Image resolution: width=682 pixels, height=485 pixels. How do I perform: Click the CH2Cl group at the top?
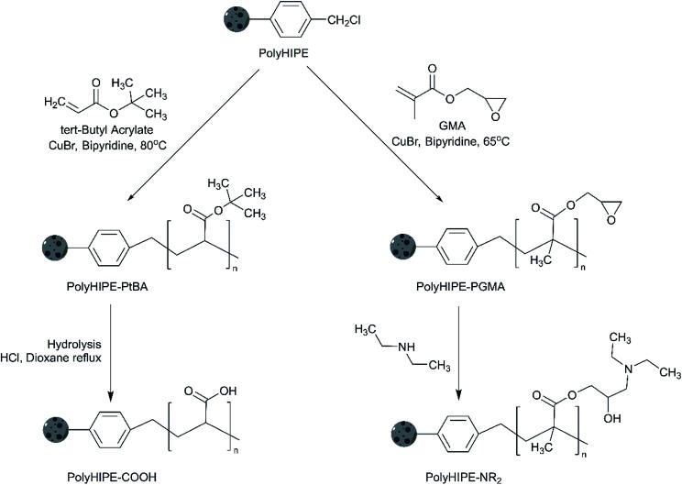click(344, 20)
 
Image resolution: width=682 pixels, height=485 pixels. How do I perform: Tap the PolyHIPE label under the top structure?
click(283, 54)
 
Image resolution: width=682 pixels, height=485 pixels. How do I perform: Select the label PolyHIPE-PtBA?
click(107, 287)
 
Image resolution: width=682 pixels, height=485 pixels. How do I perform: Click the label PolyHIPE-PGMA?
click(460, 287)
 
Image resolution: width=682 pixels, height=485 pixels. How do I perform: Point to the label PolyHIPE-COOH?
click(112, 477)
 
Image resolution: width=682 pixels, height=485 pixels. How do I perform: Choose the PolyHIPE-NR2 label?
click(464, 478)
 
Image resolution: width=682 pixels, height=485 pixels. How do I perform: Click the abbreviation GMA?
click(452, 127)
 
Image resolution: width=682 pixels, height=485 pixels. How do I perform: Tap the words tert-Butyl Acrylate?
click(107, 129)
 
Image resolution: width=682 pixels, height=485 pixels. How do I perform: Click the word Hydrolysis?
click(74, 345)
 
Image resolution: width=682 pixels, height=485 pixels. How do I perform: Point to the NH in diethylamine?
click(406, 347)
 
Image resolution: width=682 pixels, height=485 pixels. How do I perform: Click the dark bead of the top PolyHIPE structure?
click(236, 19)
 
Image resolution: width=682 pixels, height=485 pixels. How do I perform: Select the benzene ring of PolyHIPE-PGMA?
click(456, 248)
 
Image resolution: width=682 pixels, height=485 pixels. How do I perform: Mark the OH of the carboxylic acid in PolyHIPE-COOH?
click(228, 391)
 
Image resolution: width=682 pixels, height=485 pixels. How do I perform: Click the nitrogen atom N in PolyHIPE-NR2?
click(628, 369)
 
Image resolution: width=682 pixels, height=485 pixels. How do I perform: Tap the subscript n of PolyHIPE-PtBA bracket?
click(236, 269)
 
